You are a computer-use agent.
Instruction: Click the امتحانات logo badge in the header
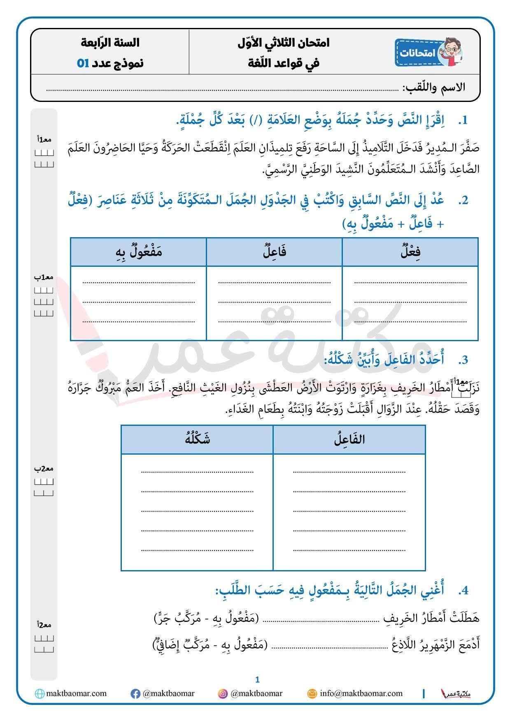tap(428, 52)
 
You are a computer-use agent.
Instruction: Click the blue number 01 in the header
tap(83, 63)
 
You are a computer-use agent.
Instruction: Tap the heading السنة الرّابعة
tap(110, 42)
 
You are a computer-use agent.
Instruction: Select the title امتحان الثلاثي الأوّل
tap(284, 42)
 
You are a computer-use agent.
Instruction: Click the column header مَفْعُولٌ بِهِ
tap(139, 252)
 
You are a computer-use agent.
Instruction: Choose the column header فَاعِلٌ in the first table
tap(275, 252)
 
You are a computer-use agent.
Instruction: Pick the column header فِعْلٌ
tap(410, 252)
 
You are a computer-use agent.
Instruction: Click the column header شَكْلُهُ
tap(197, 439)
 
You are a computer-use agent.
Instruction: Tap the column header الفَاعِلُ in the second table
tap(349, 439)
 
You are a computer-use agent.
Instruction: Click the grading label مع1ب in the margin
tap(44, 277)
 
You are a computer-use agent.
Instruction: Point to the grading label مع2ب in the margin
tap(44, 469)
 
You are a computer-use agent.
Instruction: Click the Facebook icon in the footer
tap(135, 694)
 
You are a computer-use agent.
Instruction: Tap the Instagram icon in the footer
tap(223, 694)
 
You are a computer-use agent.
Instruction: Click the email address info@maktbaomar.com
tap(361, 693)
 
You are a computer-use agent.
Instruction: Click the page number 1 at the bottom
tap(258, 680)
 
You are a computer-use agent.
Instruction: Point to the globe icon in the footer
tap(40, 694)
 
